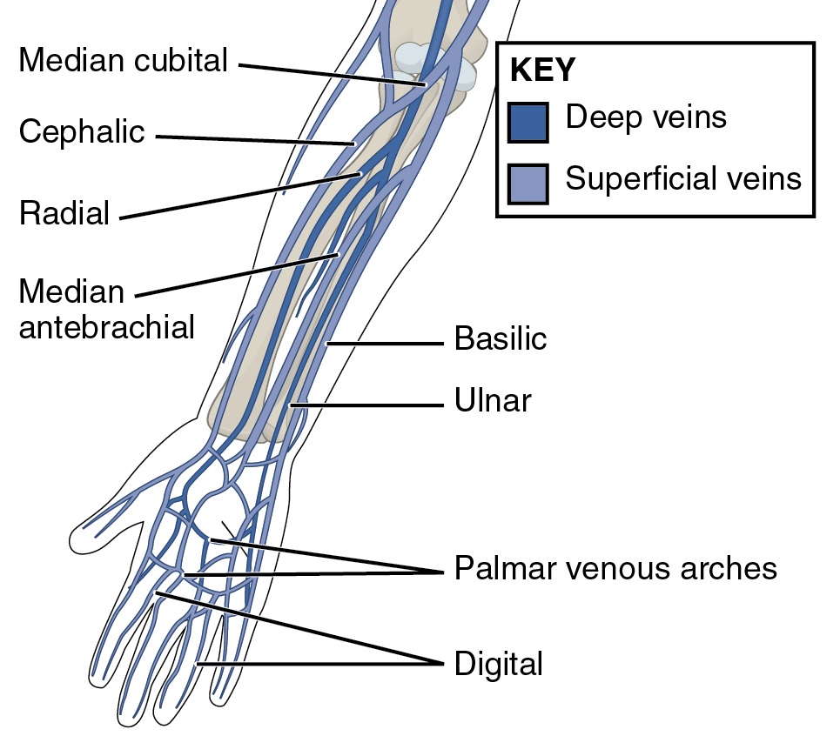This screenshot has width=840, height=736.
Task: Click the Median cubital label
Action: (123, 61)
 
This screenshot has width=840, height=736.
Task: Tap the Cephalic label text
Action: (82, 133)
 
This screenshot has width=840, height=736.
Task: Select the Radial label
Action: (64, 212)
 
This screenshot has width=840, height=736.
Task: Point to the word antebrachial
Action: (106, 327)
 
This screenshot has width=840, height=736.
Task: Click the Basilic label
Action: (501, 338)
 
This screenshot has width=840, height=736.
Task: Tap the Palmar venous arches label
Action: (615, 568)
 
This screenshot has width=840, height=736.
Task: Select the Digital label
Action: (498, 665)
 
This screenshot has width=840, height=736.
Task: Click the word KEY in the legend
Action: (542, 70)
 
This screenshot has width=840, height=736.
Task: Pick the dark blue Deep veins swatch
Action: (528, 122)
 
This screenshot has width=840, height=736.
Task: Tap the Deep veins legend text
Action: (645, 117)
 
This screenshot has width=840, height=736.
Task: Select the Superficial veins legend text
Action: (682, 178)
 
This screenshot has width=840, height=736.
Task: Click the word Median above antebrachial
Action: (71, 291)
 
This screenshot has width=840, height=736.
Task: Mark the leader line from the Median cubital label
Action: (331, 74)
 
